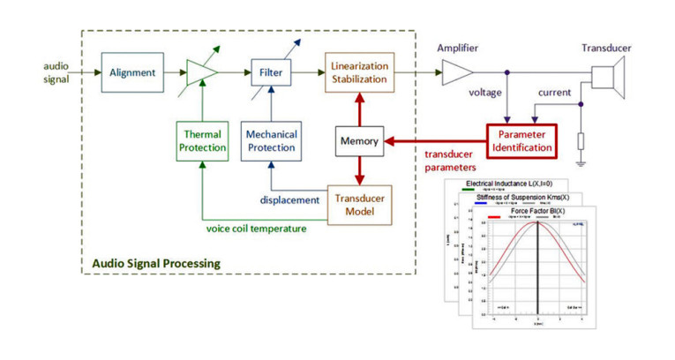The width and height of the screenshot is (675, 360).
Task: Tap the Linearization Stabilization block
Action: coord(360,72)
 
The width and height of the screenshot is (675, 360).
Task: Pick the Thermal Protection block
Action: coord(202,140)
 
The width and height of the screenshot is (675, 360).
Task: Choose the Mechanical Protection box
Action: coord(271,140)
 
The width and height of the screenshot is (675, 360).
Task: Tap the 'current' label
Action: coord(554,92)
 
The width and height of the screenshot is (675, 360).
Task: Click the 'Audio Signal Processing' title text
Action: coord(156,263)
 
